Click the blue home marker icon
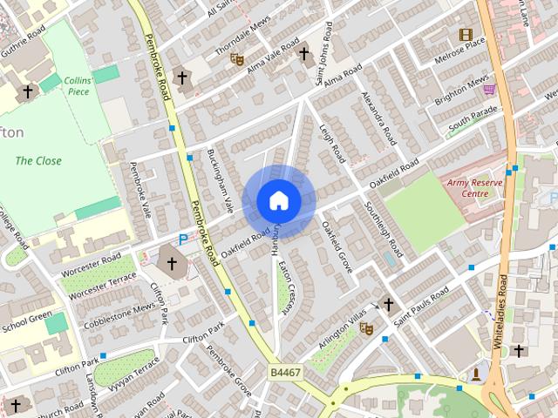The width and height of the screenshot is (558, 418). (279, 200)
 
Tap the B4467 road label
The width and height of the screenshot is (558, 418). (286, 372)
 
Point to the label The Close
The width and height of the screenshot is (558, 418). (38, 161)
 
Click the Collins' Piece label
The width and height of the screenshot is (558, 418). (77, 85)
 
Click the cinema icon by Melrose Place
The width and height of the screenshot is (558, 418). (466, 35)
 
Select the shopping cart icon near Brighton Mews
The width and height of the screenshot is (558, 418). (489, 89)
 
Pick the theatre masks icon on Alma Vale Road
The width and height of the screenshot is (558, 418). (236, 59)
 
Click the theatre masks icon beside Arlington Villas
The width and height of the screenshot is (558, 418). (367, 328)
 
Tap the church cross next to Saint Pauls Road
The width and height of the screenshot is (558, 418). (388, 306)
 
